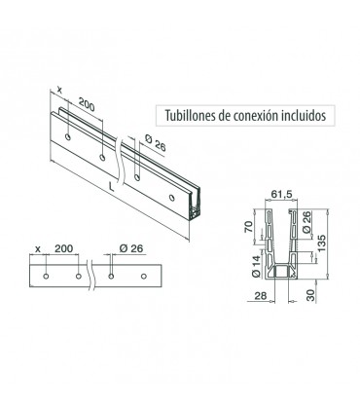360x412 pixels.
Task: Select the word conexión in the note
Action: tap(255, 115)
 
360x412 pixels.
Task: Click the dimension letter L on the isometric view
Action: tap(111, 187)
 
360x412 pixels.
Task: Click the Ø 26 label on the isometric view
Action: tap(156, 143)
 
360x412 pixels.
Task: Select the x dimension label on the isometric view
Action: tap(59, 90)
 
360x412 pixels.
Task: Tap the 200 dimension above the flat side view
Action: tap(64, 248)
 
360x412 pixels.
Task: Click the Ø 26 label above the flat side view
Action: tap(131, 248)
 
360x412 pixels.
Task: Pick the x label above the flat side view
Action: tap(38, 249)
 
